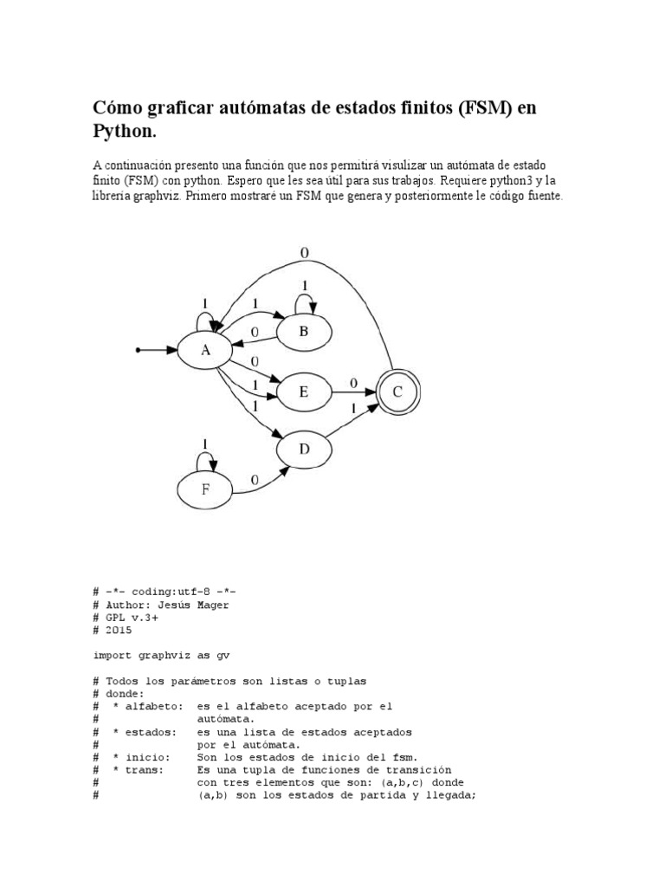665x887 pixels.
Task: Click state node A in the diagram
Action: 205,351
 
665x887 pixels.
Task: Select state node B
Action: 303,330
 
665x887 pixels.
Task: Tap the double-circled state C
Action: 397,392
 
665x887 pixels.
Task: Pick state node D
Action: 303,448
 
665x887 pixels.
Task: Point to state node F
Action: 205,489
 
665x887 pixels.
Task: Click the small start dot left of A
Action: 138,351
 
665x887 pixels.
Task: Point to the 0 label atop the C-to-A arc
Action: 305,252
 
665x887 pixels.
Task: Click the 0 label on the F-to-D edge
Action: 254,480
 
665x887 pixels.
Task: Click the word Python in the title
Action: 123,132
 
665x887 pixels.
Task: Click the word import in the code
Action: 113,656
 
